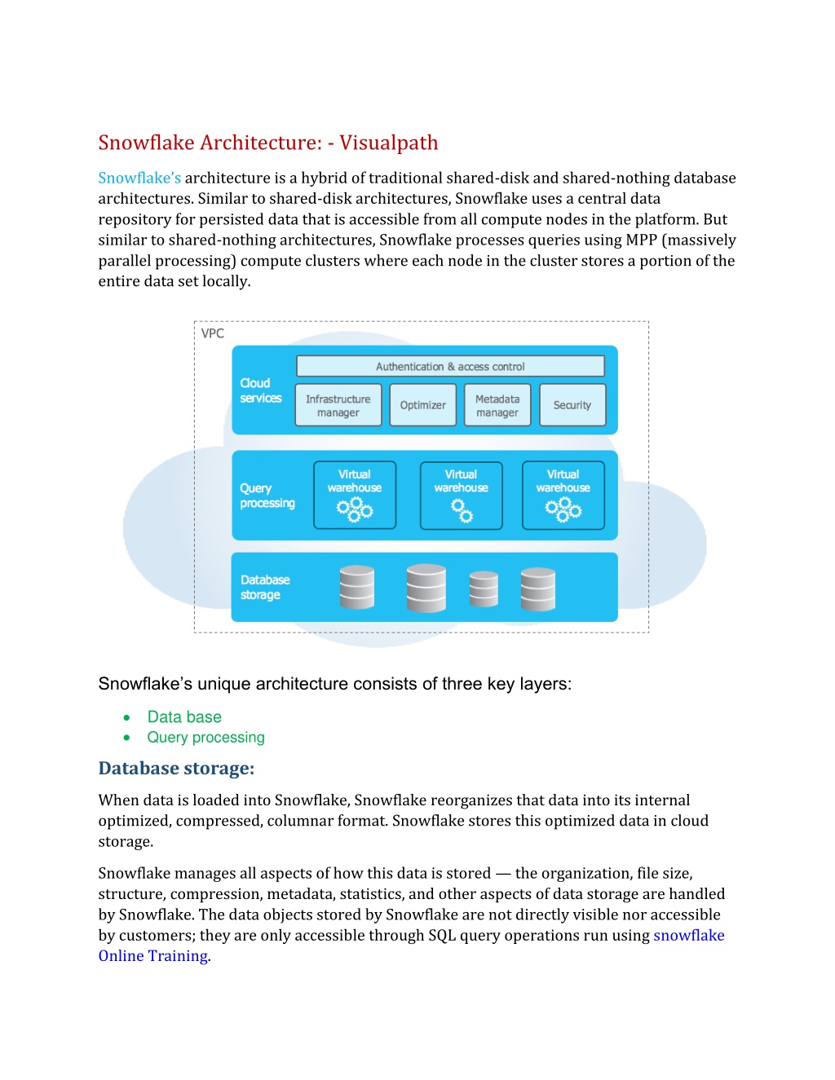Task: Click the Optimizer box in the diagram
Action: (x=422, y=405)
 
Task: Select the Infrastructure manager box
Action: (x=338, y=405)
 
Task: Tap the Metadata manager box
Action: (x=497, y=405)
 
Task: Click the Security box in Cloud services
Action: (x=572, y=405)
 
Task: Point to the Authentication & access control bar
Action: (x=450, y=367)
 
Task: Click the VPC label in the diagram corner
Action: (x=212, y=333)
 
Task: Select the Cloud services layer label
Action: (x=260, y=390)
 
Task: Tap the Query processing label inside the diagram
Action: (x=267, y=496)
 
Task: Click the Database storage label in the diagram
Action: (x=264, y=587)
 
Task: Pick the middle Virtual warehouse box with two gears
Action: (x=461, y=495)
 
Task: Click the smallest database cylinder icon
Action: (x=484, y=588)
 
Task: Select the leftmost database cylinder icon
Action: (x=356, y=587)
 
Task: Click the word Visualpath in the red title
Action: (x=389, y=143)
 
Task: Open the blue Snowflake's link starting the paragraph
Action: (x=139, y=178)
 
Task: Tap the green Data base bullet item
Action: (x=184, y=717)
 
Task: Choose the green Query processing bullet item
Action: (x=205, y=738)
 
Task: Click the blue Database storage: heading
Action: (x=176, y=769)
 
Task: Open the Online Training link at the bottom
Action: (x=153, y=956)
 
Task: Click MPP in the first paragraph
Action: (x=642, y=240)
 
